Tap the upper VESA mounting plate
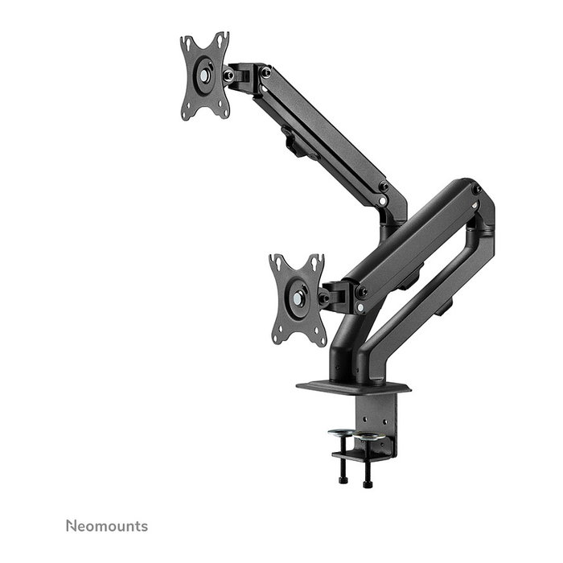click(x=205, y=76)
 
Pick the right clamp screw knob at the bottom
click(x=368, y=483)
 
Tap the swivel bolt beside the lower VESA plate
click(x=324, y=298)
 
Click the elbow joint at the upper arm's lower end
click(x=393, y=205)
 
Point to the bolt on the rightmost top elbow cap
click(x=476, y=190)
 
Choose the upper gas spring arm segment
click(x=322, y=133)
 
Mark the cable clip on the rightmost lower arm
click(x=445, y=306)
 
